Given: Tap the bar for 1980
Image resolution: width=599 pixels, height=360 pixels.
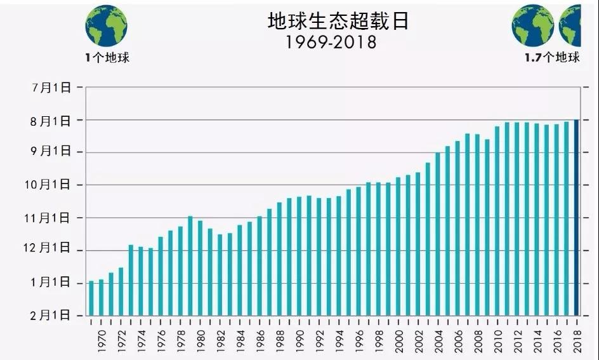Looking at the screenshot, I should [x=200, y=267].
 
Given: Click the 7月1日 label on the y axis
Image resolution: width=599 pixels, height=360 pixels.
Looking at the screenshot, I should [x=52, y=88].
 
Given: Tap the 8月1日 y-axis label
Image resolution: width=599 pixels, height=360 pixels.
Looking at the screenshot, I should [x=52, y=120].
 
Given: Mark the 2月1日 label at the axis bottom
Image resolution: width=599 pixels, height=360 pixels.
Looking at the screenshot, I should [x=52, y=316].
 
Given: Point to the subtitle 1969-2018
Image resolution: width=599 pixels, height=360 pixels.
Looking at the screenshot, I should [x=330, y=42].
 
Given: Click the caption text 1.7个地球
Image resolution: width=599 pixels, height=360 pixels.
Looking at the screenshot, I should [x=552, y=58].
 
